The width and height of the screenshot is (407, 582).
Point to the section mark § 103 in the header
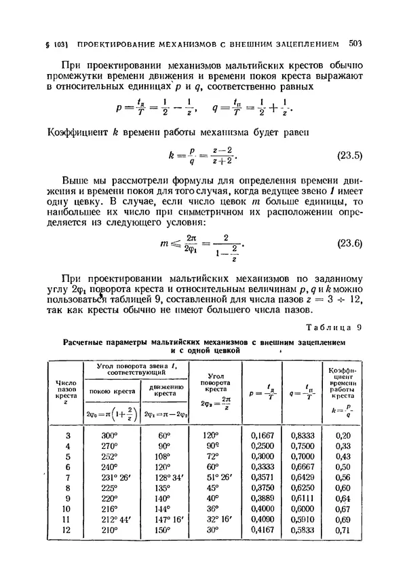tap(48, 45)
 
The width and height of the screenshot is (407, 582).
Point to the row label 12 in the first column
tap(67, 530)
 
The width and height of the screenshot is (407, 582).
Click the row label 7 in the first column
tap(67, 479)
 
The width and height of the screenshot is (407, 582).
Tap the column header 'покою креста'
tap(110, 390)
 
